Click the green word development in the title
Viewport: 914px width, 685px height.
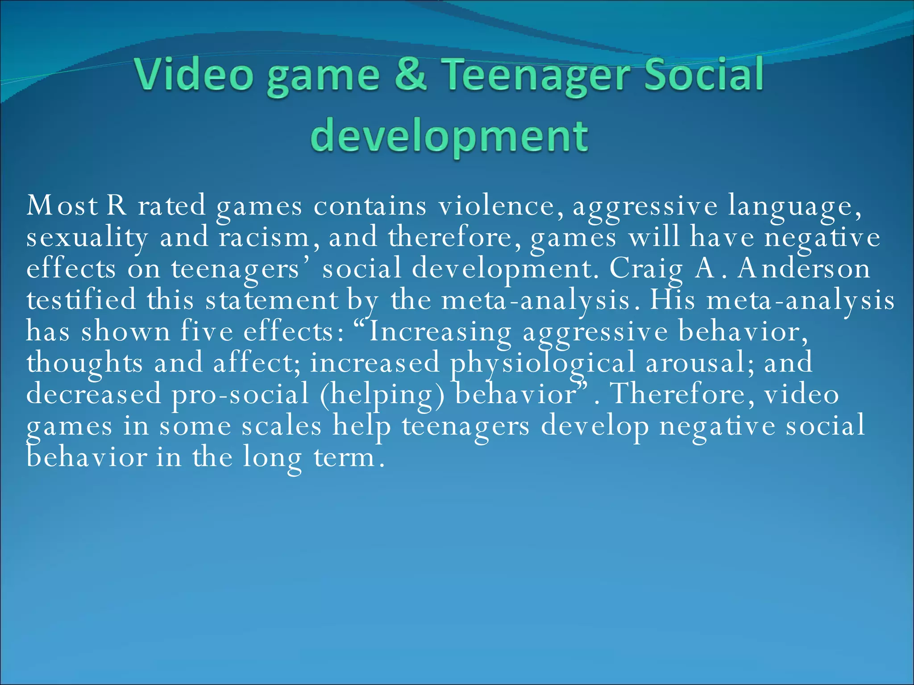pyautogui.click(x=449, y=136)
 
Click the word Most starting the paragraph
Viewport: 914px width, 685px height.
pyautogui.click(x=62, y=206)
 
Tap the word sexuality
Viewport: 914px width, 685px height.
pyautogui.click(x=87, y=238)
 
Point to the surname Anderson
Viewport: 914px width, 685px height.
pyautogui.click(x=803, y=268)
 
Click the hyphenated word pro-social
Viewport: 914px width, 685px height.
pyautogui.click(x=241, y=395)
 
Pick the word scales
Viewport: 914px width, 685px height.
pyautogui.click(x=282, y=426)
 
